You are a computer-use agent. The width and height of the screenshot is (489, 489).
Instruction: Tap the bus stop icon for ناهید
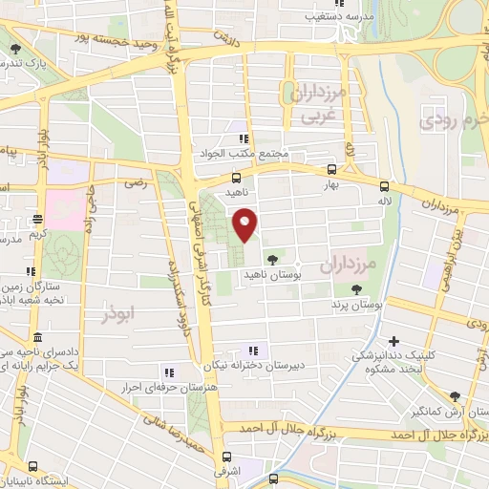tap(237, 177)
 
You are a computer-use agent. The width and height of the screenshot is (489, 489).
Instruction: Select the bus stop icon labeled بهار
tap(330, 164)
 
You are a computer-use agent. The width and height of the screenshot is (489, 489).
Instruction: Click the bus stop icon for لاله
tap(384, 187)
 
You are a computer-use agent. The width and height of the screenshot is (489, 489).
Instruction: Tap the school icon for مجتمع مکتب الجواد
tap(254, 138)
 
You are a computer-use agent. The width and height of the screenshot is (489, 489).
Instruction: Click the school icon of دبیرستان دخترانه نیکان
tap(254, 350)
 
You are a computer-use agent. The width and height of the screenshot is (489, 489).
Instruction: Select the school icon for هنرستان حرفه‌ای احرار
tap(169, 372)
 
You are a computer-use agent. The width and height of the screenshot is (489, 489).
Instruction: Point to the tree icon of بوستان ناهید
tap(274, 259)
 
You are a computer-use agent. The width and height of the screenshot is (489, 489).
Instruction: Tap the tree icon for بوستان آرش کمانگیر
tap(455, 396)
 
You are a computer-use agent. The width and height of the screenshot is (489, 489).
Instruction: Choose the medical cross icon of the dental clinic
tap(393, 341)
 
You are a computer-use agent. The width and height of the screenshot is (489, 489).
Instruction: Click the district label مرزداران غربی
tap(314, 105)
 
